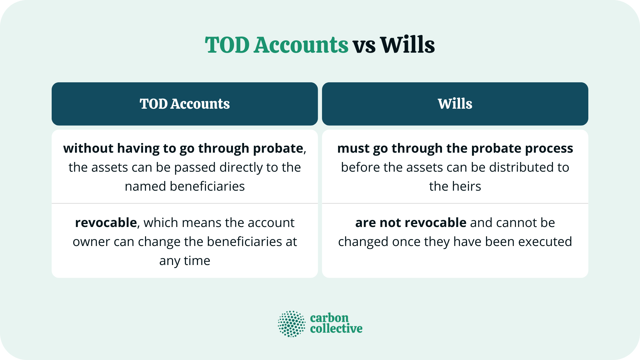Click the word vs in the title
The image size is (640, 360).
[x=364, y=46]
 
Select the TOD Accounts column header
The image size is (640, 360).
[x=185, y=104]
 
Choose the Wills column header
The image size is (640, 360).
[x=455, y=104]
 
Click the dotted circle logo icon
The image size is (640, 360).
[x=291, y=324]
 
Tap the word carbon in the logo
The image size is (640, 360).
[x=329, y=318]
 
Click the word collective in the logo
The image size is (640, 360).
[x=336, y=329]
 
